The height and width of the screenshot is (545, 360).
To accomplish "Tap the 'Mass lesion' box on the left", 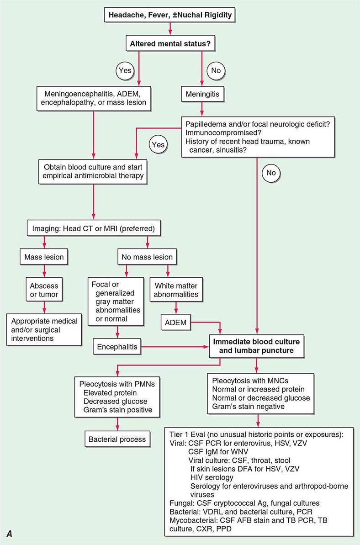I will click(x=44, y=257).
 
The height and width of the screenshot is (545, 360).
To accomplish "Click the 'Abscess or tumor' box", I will click(x=44, y=290).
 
